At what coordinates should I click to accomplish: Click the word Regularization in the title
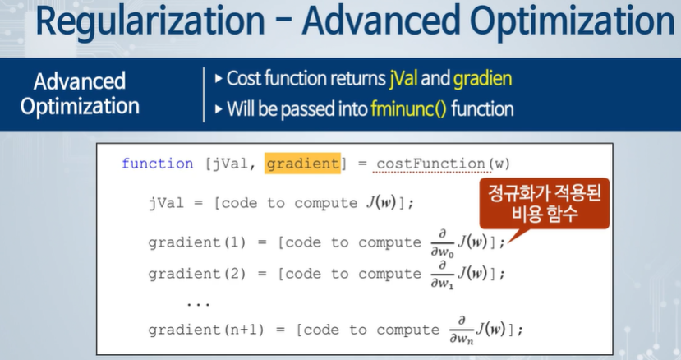tap(150, 21)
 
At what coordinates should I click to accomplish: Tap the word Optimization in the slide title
tap(573, 21)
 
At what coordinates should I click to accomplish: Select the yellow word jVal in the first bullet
tap(403, 79)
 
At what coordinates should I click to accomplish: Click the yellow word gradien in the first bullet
tap(482, 79)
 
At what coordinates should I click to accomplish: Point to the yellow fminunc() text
tap(409, 108)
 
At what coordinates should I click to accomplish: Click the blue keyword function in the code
tap(158, 164)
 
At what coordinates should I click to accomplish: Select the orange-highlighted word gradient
tap(303, 164)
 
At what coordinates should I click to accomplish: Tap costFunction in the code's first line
tap(430, 164)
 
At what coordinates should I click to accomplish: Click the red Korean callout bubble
tap(544, 204)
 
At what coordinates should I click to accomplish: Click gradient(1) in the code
tap(197, 242)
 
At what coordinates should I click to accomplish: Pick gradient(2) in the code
tap(197, 274)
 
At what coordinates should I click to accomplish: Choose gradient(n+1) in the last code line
tap(206, 330)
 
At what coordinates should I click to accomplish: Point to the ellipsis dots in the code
tap(198, 305)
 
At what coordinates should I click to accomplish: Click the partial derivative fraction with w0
tap(442, 243)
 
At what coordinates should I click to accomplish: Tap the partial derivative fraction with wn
tap(461, 330)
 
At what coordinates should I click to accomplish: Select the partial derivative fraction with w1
tap(442, 275)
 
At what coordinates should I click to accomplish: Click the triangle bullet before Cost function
tap(219, 79)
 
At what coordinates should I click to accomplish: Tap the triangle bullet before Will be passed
tap(219, 109)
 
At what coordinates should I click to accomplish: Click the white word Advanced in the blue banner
tap(80, 81)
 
